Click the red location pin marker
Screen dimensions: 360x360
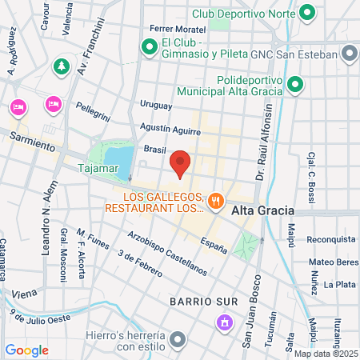pyautogui.click(x=181, y=163)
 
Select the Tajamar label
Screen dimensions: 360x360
pyautogui.click(x=98, y=169)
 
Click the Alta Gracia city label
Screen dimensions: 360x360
pyautogui.click(x=262, y=210)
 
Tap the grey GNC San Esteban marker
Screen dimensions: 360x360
pyautogui.click(x=349, y=54)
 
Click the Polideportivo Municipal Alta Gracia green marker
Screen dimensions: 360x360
pyautogui.click(x=295, y=84)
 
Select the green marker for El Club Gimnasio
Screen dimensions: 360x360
pyautogui.click(x=149, y=48)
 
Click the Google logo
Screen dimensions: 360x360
pyautogui.click(x=26, y=350)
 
